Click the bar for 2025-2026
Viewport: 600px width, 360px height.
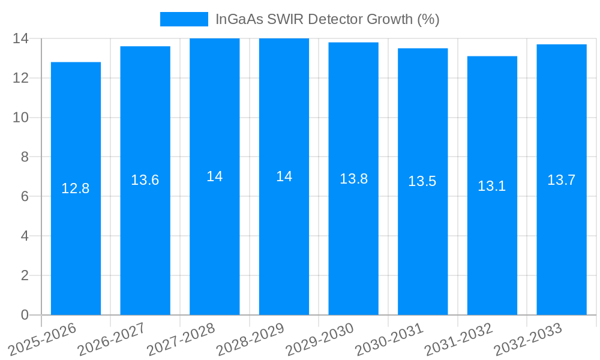[76, 240]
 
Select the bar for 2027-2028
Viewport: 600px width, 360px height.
[215, 240]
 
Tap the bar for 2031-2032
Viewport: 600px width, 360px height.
[492, 240]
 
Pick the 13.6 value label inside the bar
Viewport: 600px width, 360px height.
[145, 180]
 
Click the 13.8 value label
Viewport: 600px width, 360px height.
[353, 179]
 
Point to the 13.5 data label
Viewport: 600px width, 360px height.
[422, 181]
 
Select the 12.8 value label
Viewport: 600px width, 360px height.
[76, 188]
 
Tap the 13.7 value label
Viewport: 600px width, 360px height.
[562, 179]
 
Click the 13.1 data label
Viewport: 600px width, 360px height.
[492, 186]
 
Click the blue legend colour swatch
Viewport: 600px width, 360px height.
[184, 19]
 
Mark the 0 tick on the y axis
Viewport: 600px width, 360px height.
[25, 315]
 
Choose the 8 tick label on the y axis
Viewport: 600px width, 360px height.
[25, 157]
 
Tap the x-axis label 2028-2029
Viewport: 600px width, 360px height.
[250, 340]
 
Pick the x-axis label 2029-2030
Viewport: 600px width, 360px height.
[319, 340]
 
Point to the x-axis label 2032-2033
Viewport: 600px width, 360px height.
[527, 340]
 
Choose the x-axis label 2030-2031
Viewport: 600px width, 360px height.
[389, 340]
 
